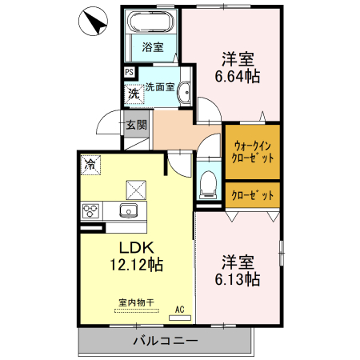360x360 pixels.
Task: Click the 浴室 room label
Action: click(152, 47)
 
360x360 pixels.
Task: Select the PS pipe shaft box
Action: click(130, 72)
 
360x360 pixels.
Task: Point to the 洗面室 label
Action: click(160, 86)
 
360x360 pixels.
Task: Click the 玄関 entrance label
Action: click(136, 125)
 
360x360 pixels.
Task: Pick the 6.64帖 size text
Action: click(236, 77)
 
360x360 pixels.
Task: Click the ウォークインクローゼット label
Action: click(253, 151)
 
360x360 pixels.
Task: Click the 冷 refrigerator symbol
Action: click(91, 166)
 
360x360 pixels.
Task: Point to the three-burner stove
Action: click(90, 211)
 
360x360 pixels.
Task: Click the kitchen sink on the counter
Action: click(129, 211)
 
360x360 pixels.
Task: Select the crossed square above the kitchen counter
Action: click(137, 190)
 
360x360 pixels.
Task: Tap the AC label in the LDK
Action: click(179, 309)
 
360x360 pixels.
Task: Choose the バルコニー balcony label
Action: click(165, 341)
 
